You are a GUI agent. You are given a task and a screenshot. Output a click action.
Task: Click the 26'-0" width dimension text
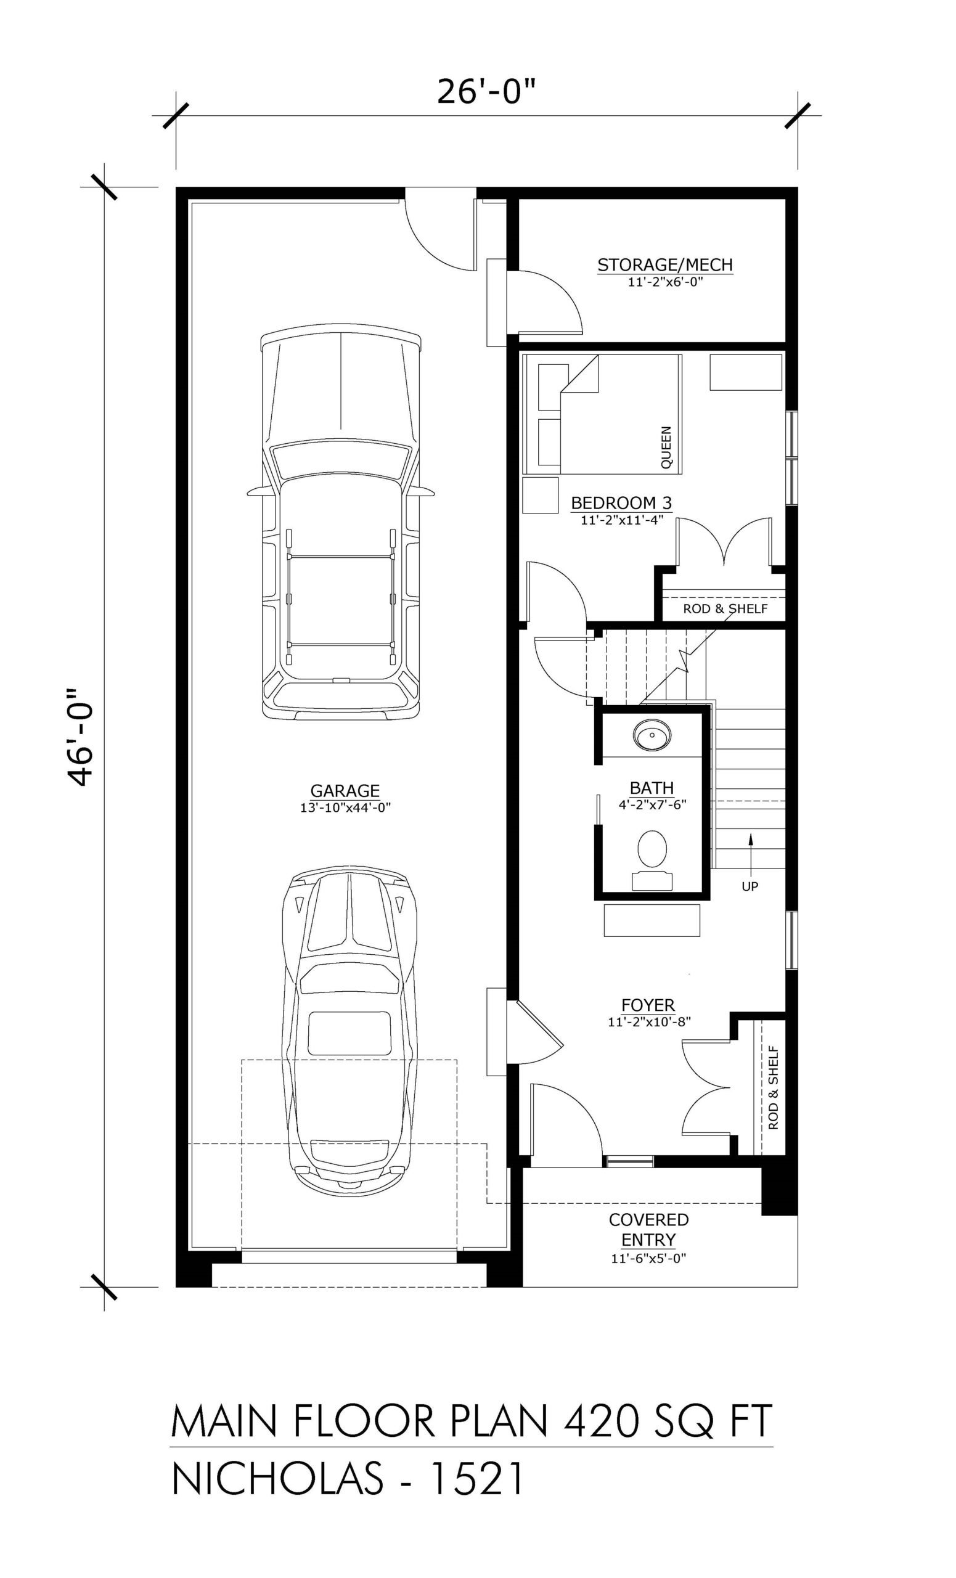[486, 92]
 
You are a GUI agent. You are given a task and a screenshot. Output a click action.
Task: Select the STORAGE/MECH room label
[664, 264]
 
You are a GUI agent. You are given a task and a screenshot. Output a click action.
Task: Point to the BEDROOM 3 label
[621, 503]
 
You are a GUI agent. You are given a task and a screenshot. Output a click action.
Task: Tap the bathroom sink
[652, 734]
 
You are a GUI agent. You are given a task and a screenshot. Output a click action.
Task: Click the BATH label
[652, 788]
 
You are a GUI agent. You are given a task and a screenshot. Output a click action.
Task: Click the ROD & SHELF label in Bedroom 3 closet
[725, 608]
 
